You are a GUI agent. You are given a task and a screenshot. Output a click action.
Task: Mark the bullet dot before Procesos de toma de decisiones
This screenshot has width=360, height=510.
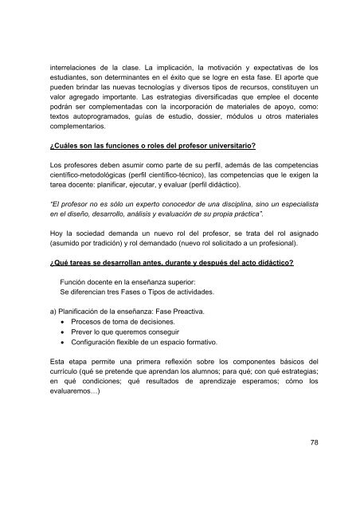point(53,328)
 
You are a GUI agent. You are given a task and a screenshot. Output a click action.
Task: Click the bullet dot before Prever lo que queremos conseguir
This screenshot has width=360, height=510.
point(53,340)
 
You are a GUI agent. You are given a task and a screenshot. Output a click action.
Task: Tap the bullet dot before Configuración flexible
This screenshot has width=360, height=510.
point(53,353)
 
